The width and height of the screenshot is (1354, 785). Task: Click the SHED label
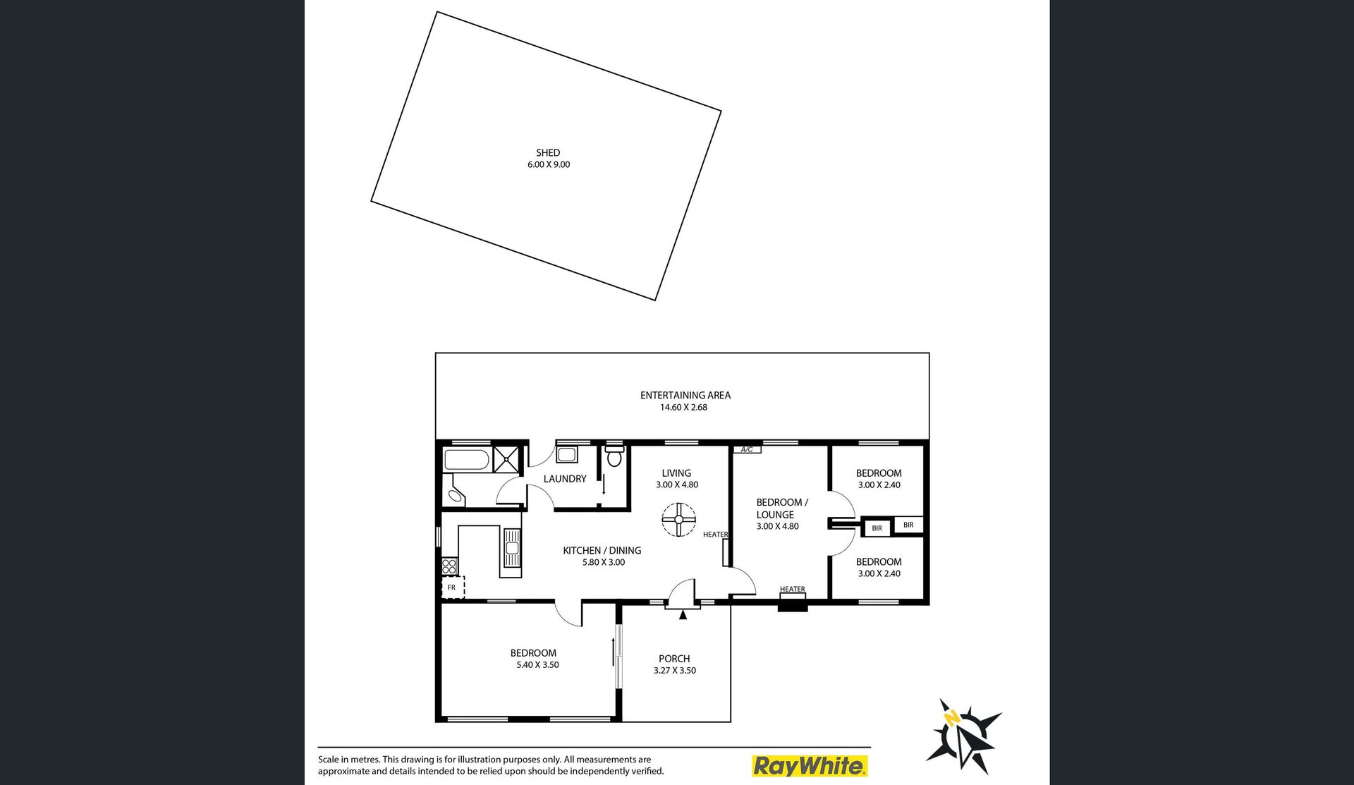548,152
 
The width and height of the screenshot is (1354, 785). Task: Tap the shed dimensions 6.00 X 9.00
549,164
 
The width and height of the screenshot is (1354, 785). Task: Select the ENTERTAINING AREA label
685,395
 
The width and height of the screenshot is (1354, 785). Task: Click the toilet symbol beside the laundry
614,456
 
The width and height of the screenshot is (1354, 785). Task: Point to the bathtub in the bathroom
466,461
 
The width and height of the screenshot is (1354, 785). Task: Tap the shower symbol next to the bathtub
506,459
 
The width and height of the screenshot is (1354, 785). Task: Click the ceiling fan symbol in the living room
679,520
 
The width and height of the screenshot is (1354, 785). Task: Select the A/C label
747,449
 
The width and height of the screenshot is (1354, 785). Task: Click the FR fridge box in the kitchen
452,588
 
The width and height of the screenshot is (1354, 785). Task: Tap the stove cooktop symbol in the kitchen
450,565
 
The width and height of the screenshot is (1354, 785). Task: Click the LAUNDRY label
565,479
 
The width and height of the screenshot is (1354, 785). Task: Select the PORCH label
674,659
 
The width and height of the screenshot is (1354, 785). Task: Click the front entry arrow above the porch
683,614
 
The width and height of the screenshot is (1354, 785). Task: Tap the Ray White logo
810,765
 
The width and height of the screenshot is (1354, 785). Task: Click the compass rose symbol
963,735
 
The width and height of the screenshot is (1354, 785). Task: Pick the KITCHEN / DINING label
602,550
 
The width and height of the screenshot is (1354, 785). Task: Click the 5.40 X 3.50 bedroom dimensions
537,664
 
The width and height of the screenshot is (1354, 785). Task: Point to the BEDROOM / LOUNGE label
782,509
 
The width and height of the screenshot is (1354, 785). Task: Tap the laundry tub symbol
567,454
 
